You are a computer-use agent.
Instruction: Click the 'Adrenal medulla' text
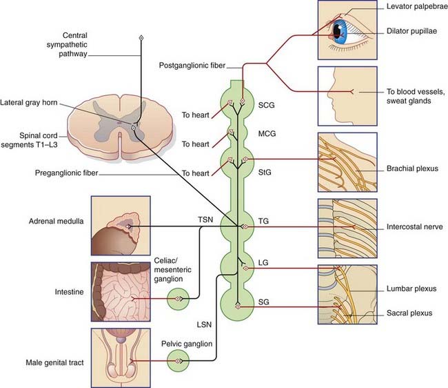point(55,221)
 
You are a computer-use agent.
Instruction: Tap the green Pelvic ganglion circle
point(179,360)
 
